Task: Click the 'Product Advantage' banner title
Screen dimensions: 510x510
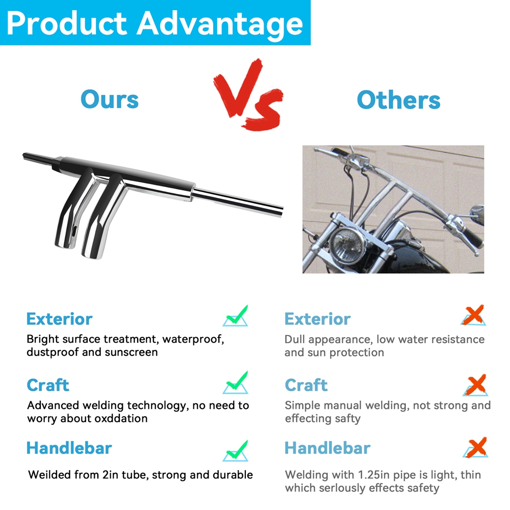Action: point(155,23)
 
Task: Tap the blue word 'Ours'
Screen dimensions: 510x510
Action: point(110,99)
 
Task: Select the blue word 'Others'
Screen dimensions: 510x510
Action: point(398,100)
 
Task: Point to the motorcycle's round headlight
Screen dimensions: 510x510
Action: point(347,244)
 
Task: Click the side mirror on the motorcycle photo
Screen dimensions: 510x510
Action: point(478,213)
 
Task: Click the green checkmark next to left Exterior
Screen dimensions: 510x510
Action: point(236,316)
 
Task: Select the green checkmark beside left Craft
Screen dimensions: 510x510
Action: point(236,382)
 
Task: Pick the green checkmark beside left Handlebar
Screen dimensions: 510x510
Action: point(236,451)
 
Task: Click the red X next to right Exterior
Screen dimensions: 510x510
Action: point(474,315)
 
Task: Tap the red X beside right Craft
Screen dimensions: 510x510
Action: point(475,385)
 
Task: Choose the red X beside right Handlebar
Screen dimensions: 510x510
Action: point(475,448)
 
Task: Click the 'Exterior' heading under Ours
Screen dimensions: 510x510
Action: point(60,319)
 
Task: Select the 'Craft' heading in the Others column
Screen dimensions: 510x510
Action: point(306,386)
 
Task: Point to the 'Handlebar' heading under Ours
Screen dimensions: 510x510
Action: point(69,448)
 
